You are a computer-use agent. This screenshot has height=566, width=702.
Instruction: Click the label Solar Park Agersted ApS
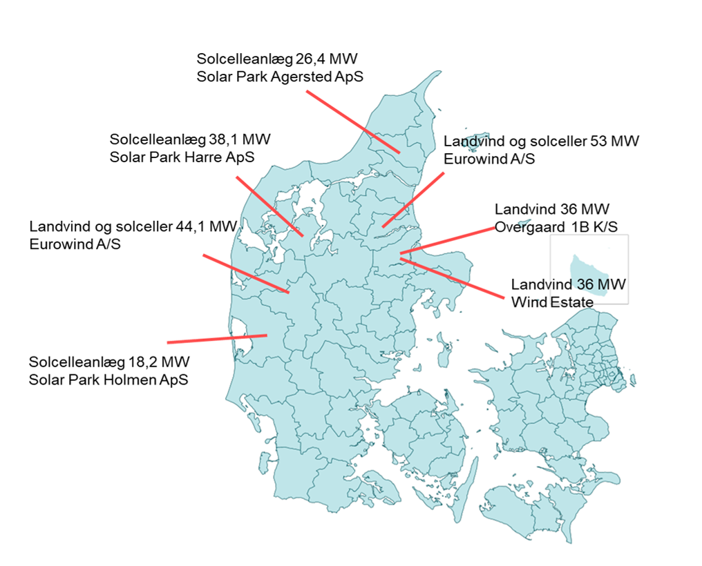[280, 76]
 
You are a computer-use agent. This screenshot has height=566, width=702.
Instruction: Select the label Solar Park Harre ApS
[182, 157]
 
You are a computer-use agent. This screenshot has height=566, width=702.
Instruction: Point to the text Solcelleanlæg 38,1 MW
[190, 139]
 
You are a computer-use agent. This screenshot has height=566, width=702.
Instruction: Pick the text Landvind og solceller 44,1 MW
[133, 226]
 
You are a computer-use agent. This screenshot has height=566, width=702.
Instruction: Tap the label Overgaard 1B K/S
[556, 226]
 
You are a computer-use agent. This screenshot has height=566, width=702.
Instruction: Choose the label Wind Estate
[552, 302]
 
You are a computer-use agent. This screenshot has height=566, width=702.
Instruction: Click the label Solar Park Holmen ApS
[108, 380]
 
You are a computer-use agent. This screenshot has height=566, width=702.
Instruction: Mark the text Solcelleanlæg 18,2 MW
[108, 362]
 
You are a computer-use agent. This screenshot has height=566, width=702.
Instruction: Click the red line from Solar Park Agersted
[352, 121]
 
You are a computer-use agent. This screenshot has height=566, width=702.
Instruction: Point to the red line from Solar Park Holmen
[217, 339]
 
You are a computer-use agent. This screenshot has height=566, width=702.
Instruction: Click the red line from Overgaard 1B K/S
[446, 242]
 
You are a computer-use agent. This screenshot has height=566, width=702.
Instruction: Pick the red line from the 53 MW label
[412, 200]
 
